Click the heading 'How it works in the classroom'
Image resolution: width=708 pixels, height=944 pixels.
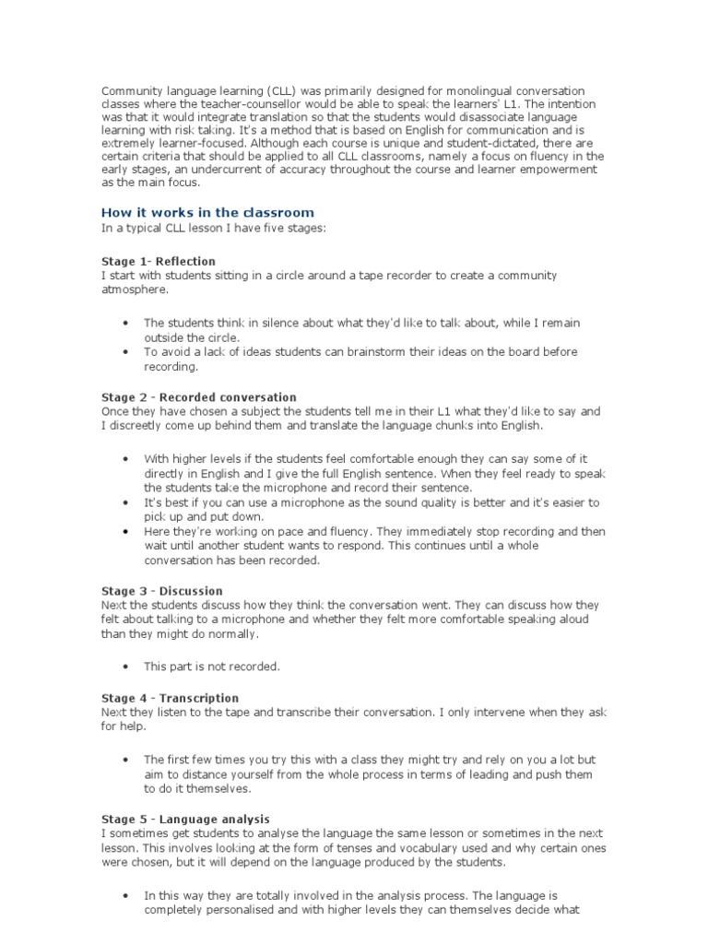207,213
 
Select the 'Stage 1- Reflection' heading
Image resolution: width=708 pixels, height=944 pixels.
159,261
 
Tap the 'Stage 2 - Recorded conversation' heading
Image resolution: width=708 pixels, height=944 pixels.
198,397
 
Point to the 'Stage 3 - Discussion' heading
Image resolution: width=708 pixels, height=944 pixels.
161,591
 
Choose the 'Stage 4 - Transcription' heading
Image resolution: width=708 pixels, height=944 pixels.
170,698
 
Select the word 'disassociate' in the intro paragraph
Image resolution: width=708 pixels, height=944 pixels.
488,119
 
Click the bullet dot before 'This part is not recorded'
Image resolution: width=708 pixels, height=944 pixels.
125,666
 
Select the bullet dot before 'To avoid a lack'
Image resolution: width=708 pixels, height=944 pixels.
125,352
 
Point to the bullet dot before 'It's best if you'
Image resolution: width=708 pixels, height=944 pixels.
125,502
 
